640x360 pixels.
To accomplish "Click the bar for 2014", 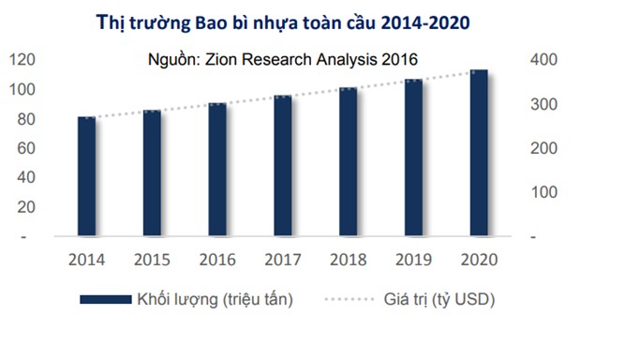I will (86, 176).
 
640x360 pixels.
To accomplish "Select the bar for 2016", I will (216, 170).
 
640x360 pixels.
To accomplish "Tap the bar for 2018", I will (348, 162).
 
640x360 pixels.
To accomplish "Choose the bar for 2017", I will (282, 166).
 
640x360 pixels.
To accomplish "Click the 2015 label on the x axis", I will (152, 259).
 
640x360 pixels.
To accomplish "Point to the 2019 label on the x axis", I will (413, 259).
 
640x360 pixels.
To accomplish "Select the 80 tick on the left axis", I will (26, 119).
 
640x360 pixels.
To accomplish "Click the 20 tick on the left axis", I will (26, 206).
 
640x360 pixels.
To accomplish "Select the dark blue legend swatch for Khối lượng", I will (104, 299).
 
